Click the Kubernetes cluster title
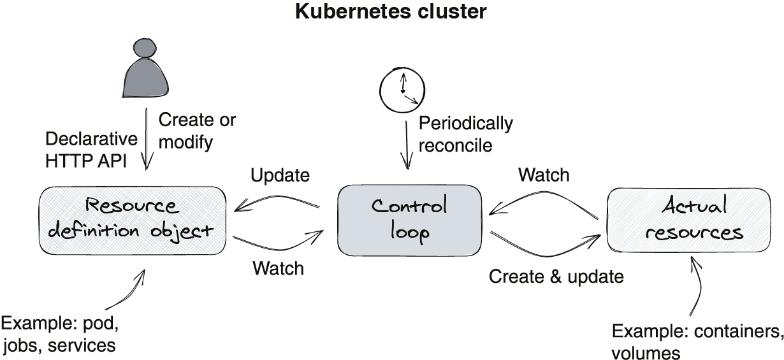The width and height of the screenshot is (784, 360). pyautogui.click(x=391, y=12)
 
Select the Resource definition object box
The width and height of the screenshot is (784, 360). pyautogui.click(x=132, y=219)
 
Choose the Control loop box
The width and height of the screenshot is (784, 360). pyautogui.click(x=409, y=219)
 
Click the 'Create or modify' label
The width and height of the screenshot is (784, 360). pyautogui.click(x=196, y=131)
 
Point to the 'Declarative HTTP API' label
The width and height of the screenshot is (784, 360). pyautogui.click(x=91, y=150)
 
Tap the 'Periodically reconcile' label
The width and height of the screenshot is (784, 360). pyautogui.click(x=465, y=134)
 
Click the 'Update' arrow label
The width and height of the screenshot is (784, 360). pyautogui.click(x=280, y=175)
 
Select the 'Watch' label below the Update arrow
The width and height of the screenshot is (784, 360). pyautogui.click(x=278, y=268)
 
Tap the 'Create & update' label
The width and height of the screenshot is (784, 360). pyautogui.click(x=556, y=277)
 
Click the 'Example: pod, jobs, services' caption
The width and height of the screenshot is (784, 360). pyautogui.click(x=60, y=335)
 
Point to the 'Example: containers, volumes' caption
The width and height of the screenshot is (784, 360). pyautogui.click(x=696, y=342)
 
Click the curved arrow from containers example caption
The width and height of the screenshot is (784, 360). pyautogui.click(x=699, y=287)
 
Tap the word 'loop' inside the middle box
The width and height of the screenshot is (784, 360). pyautogui.click(x=409, y=232)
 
